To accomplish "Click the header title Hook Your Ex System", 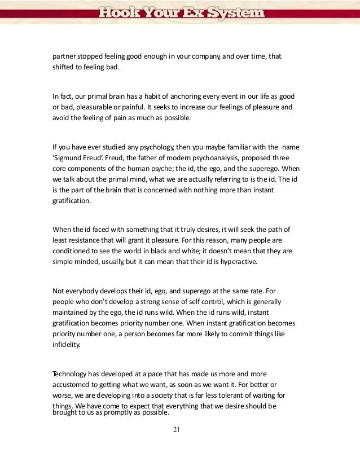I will [180, 12].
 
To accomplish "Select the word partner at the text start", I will [64, 58].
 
